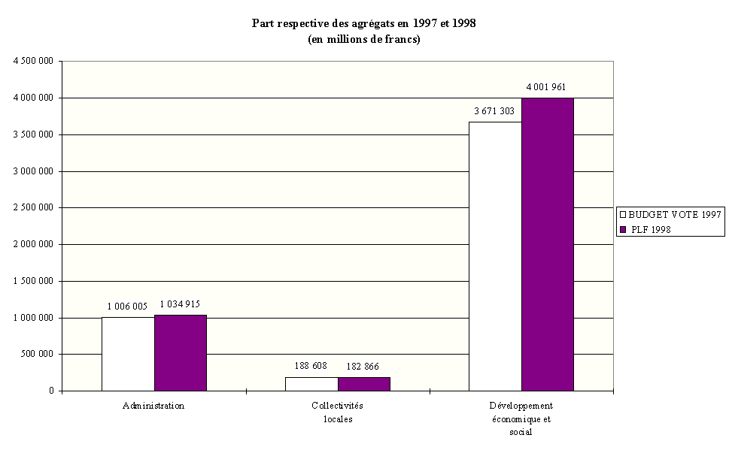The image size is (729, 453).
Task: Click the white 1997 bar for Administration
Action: coord(128,354)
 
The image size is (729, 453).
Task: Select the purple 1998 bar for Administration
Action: coord(181,353)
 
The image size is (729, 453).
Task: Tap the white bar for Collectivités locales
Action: coord(311,384)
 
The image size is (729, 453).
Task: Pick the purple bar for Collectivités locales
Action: coord(364,384)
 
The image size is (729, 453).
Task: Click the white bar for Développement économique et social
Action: coord(495,256)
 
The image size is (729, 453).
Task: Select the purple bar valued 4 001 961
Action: coord(548,244)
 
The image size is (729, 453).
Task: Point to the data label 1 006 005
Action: coord(128,306)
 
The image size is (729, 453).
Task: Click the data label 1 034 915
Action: coord(180,304)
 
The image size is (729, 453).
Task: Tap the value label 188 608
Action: coord(311,366)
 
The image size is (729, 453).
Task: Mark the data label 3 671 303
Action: coord(494,110)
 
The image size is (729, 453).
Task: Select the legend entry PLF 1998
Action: coord(649,230)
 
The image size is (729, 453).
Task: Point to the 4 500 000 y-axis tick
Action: coord(33,62)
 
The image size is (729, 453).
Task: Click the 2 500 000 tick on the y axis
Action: coord(33,208)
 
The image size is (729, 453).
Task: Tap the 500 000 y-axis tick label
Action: coord(38,355)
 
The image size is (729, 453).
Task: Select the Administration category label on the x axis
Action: coord(153,406)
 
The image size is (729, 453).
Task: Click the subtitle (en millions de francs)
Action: coord(363,39)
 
